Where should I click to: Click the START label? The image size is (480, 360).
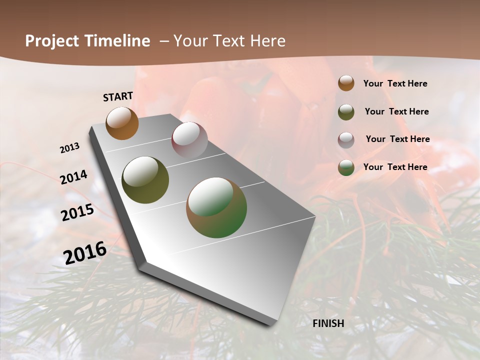click(118, 96)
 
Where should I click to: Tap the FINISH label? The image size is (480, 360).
click(328, 323)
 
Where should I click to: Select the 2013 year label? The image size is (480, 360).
click(69, 148)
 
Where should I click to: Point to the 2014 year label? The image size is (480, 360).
click(73, 177)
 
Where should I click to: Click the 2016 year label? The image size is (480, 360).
click(85, 252)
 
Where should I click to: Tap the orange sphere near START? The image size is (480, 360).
click(122, 123)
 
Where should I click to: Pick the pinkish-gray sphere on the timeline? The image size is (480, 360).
click(189, 140)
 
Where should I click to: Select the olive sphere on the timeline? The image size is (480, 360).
click(145, 180)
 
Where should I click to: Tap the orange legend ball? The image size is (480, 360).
click(346, 83)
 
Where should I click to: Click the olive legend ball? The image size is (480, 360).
click(346, 112)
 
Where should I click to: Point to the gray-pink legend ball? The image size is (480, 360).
click(346, 140)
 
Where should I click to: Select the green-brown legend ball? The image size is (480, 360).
click(346, 167)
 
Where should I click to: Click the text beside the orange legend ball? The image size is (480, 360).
click(395, 84)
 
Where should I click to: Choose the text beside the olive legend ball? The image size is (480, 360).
click(396, 111)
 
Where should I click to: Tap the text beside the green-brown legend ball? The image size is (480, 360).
click(395, 167)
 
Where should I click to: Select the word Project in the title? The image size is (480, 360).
click(52, 41)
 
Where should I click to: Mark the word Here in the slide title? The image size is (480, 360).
click(267, 41)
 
